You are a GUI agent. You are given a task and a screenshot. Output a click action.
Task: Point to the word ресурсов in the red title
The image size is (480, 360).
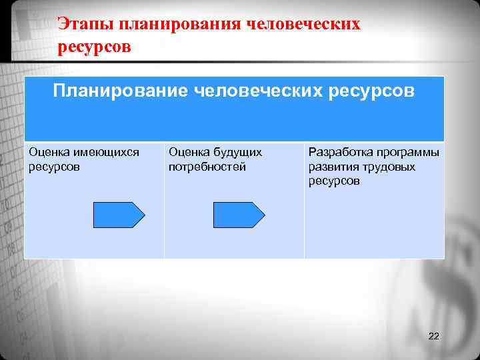(x=95, y=47)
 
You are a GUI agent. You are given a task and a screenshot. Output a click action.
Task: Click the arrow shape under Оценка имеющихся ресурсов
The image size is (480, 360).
(x=119, y=215)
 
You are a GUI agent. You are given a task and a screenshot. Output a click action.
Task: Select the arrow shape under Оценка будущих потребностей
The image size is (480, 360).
(x=238, y=215)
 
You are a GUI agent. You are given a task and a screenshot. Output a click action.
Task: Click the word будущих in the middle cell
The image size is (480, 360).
(x=237, y=153)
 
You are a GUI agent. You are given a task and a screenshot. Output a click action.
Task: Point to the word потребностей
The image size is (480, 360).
(x=207, y=167)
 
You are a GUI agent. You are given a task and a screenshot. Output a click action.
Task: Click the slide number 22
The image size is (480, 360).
(x=433, y=335)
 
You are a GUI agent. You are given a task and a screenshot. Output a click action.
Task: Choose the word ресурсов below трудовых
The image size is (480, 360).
(x=333, y=181)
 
